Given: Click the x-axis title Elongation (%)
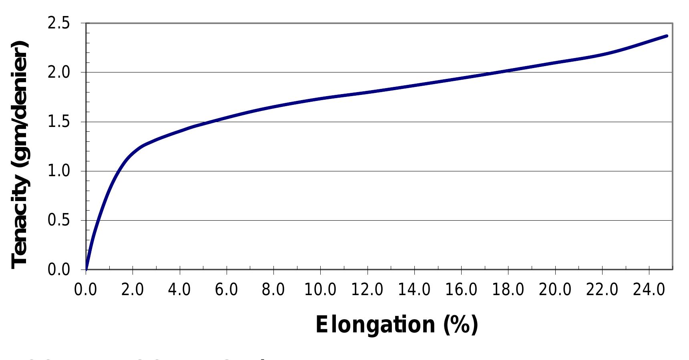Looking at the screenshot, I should [x=396, y=324].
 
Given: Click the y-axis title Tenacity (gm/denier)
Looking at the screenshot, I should [x=20, y=155].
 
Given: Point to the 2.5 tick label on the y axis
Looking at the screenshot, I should [x=58, y=24].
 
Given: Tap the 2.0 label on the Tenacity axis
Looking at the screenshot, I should [x=58, y=73].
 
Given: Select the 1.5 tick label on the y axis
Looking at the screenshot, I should [x=58, y=122].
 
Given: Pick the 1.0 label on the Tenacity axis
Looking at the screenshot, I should [x=58, y=171].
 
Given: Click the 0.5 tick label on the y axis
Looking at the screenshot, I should [x=58, y=221].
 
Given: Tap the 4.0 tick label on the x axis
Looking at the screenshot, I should [x=179, y=289].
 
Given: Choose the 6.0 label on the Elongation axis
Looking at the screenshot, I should [x=226, y=289].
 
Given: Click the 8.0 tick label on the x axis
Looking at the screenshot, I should [x=273, y=289].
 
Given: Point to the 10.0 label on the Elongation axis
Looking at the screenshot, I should [x=320, y=289].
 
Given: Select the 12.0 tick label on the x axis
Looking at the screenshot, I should [x=367, y=289].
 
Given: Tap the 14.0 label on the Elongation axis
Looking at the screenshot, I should [x=414, y=289].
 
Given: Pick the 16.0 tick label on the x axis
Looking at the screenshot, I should [x=461, y=289].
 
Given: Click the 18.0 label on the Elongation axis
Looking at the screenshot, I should [x=508, y=289].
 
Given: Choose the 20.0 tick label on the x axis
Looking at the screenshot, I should [x=555, y=289].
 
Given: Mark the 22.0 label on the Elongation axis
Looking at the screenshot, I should [x=602, y=289].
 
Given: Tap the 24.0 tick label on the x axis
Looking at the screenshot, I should [x=649, y=289].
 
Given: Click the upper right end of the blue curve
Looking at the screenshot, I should [x=667, y=36].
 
